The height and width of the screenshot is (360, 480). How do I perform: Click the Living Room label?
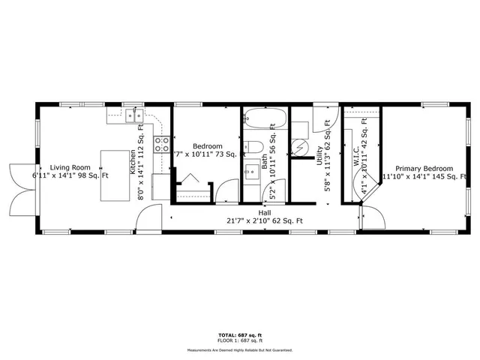click(x=70, y=168)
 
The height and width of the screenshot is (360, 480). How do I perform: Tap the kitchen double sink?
click(x=134, y=115)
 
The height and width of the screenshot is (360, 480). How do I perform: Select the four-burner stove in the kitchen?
click(x=161, y=144)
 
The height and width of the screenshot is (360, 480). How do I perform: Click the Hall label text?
click(x=265, y=213)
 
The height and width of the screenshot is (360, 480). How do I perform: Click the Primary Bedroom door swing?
click(x=372, y=219)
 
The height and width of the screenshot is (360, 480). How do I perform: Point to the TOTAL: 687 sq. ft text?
click(x=239, y=334)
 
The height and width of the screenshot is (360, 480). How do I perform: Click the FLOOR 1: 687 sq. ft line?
click(x=239, y=340)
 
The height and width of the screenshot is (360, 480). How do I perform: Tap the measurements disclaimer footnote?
click(x=239, y=349)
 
